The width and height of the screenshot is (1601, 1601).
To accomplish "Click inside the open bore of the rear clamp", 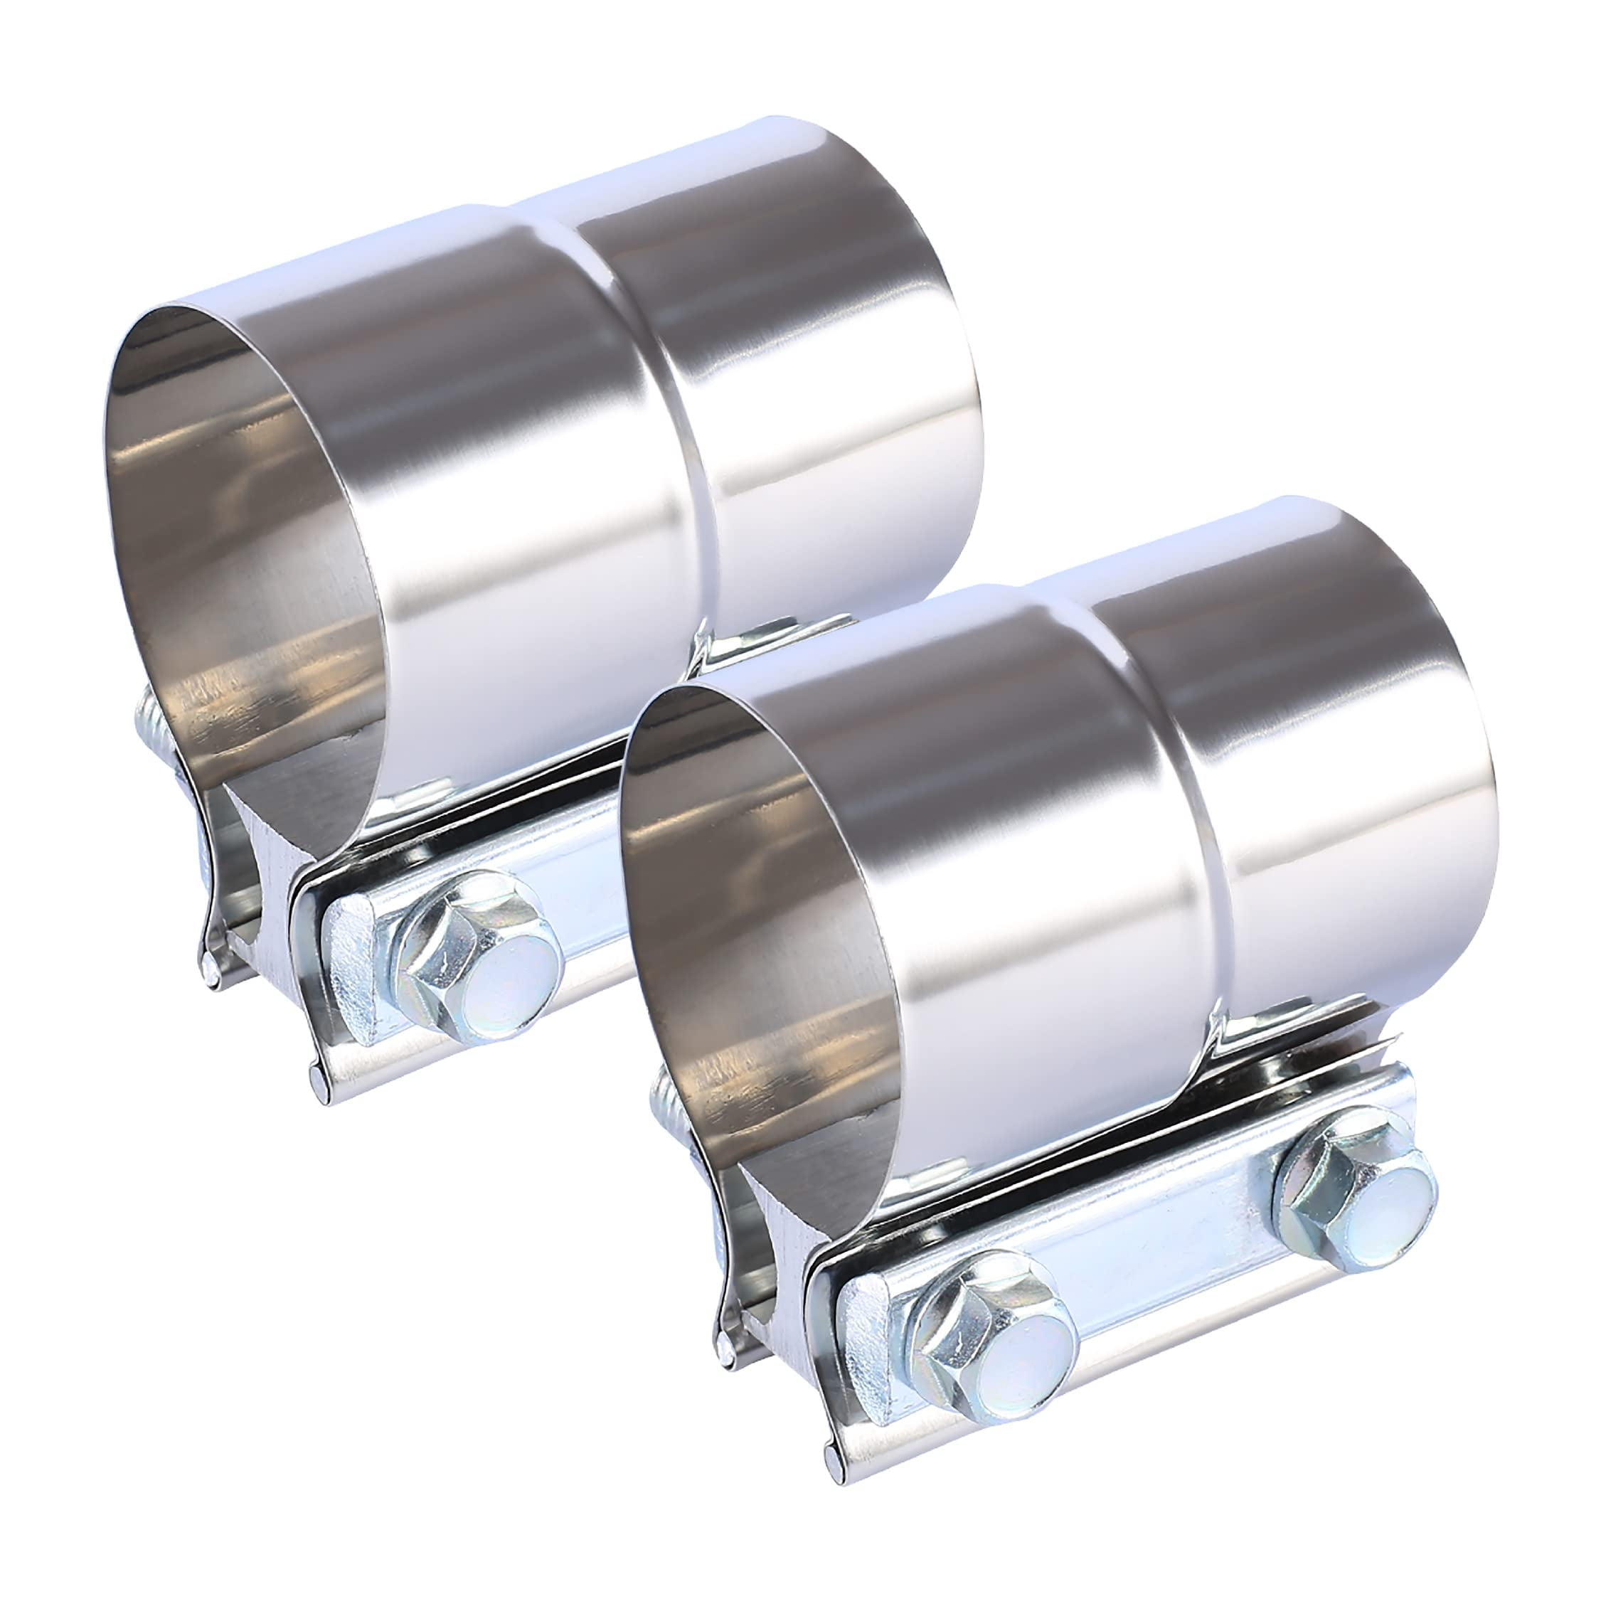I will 249,538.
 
